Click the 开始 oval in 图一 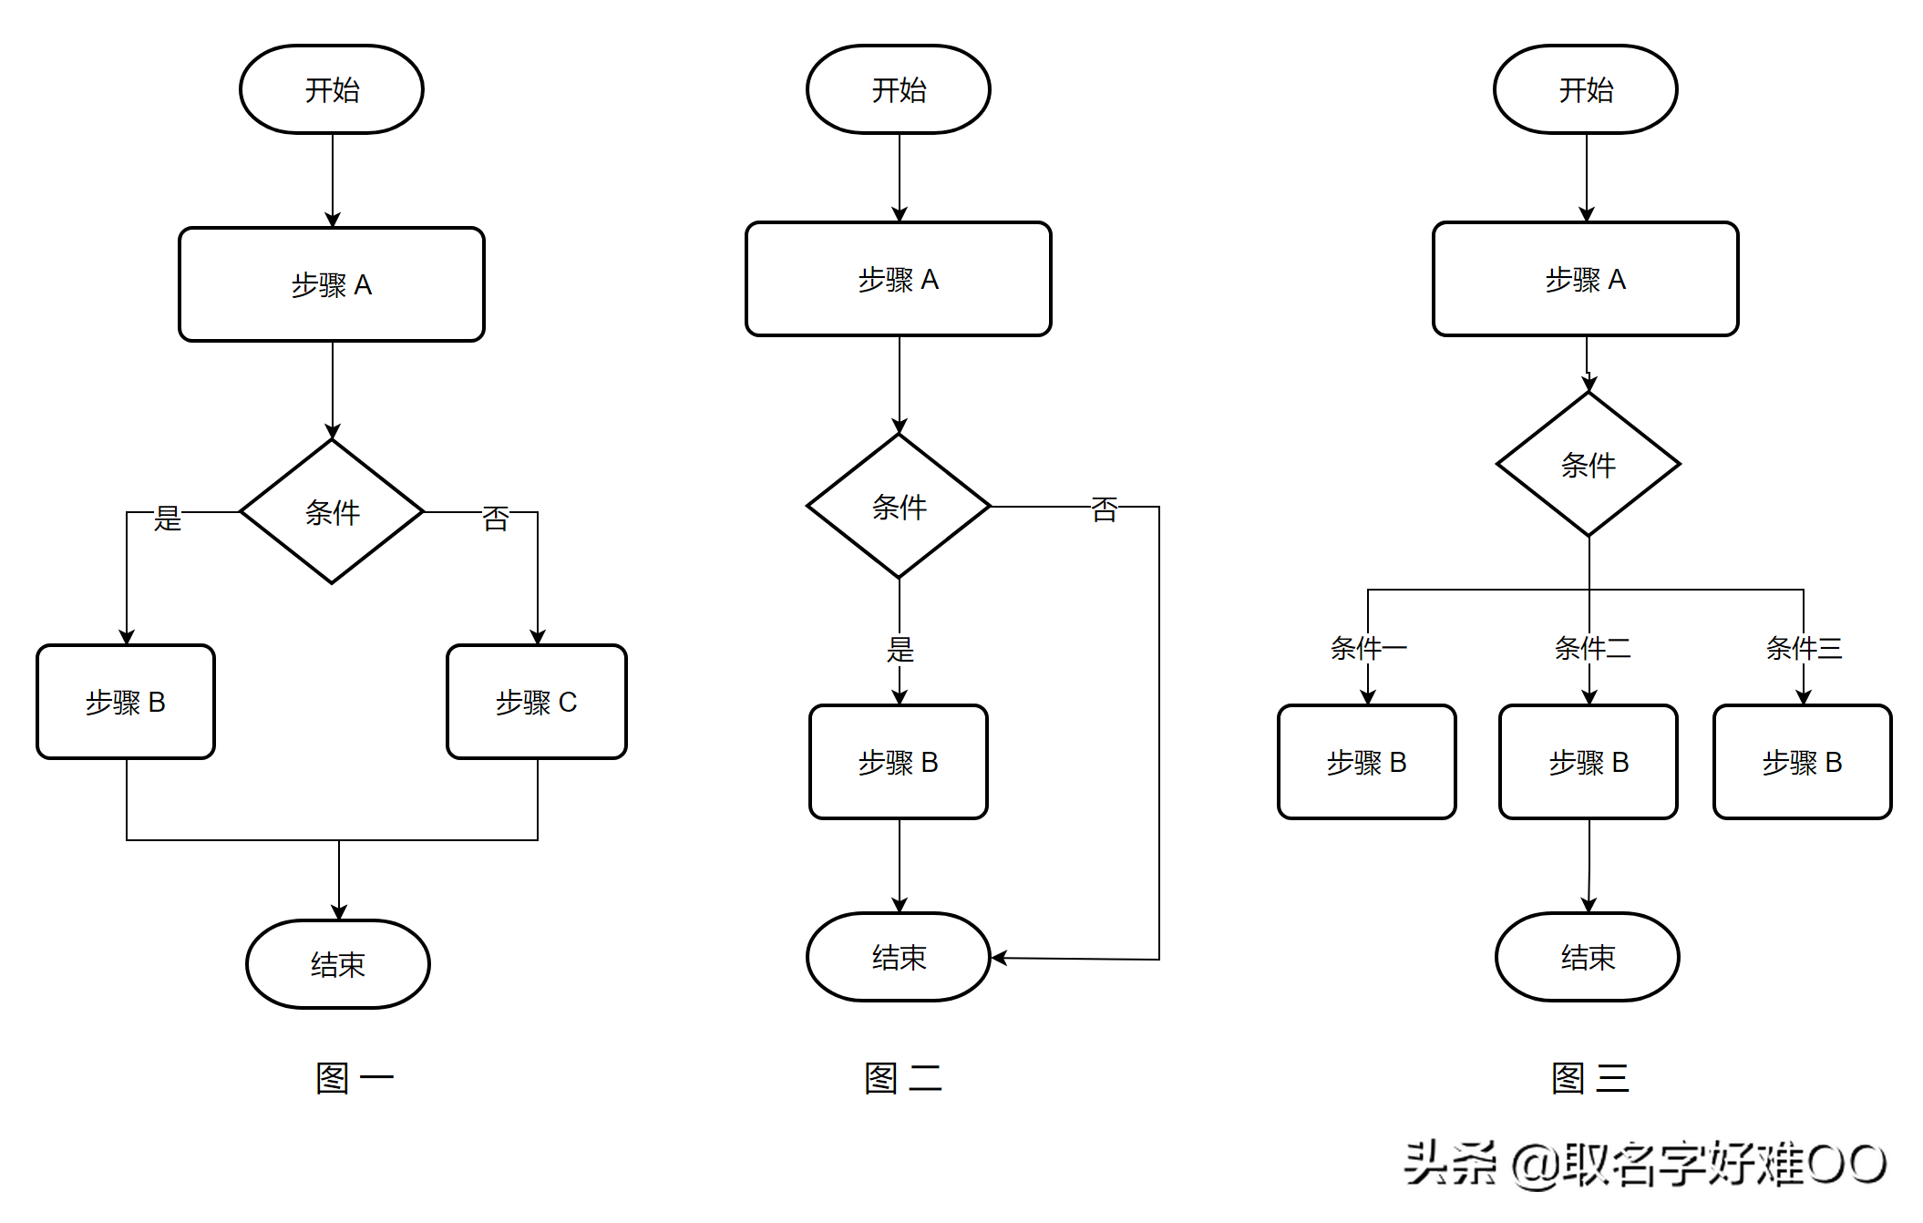[332, 89]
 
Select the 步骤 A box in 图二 [898, 279]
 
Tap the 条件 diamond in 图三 [1588, 465]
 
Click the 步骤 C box [536, 702]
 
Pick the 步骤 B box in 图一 [126, 702]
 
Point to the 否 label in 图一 [496, 518]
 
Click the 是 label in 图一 [168, 518]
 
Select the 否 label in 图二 [1104, 509]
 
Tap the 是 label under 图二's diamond [900, 649]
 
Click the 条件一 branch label [1367, 648]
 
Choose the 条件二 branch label [1591, 648]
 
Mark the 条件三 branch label [1804, 648]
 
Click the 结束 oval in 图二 [899, 957]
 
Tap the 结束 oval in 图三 [1587, 957]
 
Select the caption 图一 [354, 1078]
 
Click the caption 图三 [1589, 1078]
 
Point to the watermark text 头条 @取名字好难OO [1644, 1164]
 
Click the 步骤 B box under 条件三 [1802, 762]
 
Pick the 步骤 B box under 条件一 [1366, 762]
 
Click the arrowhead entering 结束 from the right [999, 958]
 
